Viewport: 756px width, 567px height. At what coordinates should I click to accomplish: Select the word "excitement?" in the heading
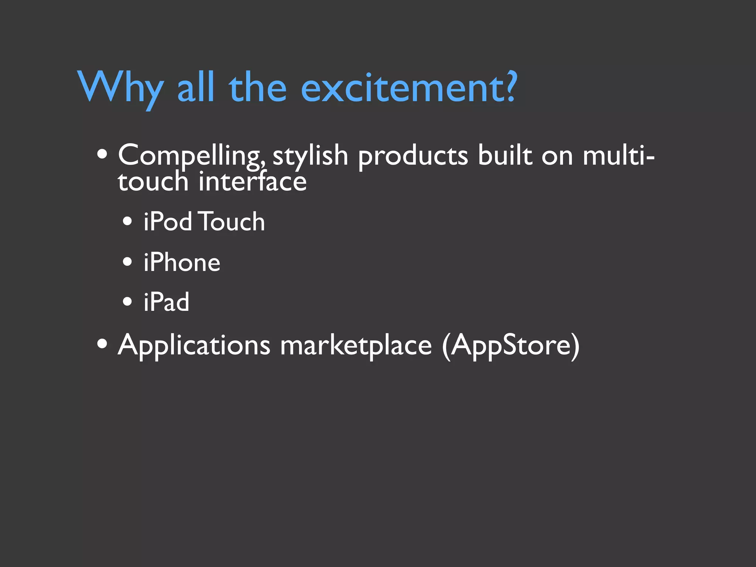point(409,87)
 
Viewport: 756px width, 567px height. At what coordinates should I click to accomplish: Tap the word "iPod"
point(168,222)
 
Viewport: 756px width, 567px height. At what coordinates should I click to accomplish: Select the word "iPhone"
point(182,263)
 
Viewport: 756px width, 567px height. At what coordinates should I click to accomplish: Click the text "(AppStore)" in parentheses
point(511,346)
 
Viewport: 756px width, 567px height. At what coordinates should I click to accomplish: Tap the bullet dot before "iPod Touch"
point(127,222)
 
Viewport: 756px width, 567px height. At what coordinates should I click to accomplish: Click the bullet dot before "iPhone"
point(127,262)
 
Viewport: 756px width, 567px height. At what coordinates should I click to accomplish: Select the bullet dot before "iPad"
point(127,302)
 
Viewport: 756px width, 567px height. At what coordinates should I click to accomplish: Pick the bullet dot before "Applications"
point(102,344)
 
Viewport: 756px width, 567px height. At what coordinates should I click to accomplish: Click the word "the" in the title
point(258,87)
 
